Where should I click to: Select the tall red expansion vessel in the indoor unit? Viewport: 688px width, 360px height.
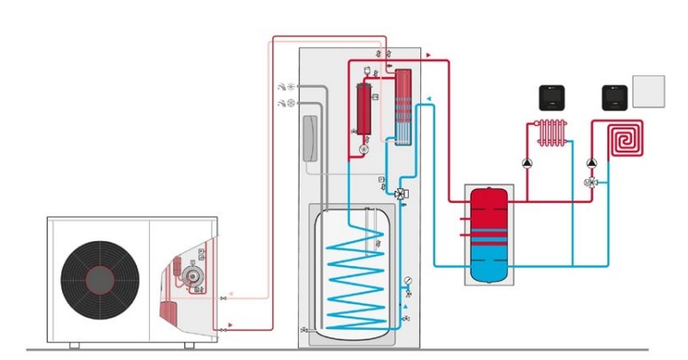tap(363, 108)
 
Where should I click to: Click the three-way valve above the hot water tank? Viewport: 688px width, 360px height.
tap(401, 194)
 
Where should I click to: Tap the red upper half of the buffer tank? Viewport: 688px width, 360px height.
tap(487, 213)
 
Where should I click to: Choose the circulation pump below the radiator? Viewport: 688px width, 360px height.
tap(528, 163)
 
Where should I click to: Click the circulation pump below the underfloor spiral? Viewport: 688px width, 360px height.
tap(591, 163)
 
